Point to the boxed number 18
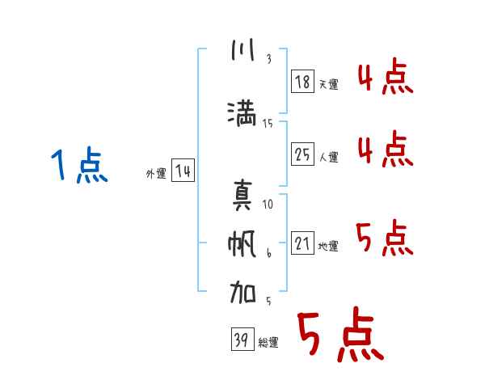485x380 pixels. pos(302,81)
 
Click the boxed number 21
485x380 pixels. pos(302,243)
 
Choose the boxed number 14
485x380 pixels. pos(183,171)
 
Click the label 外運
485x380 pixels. pos(155,174)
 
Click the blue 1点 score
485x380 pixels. pos(78,167)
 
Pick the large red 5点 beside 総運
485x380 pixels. pos(339,336)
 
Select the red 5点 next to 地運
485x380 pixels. pos(384,238)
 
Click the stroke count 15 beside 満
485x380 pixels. pos(268,123)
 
